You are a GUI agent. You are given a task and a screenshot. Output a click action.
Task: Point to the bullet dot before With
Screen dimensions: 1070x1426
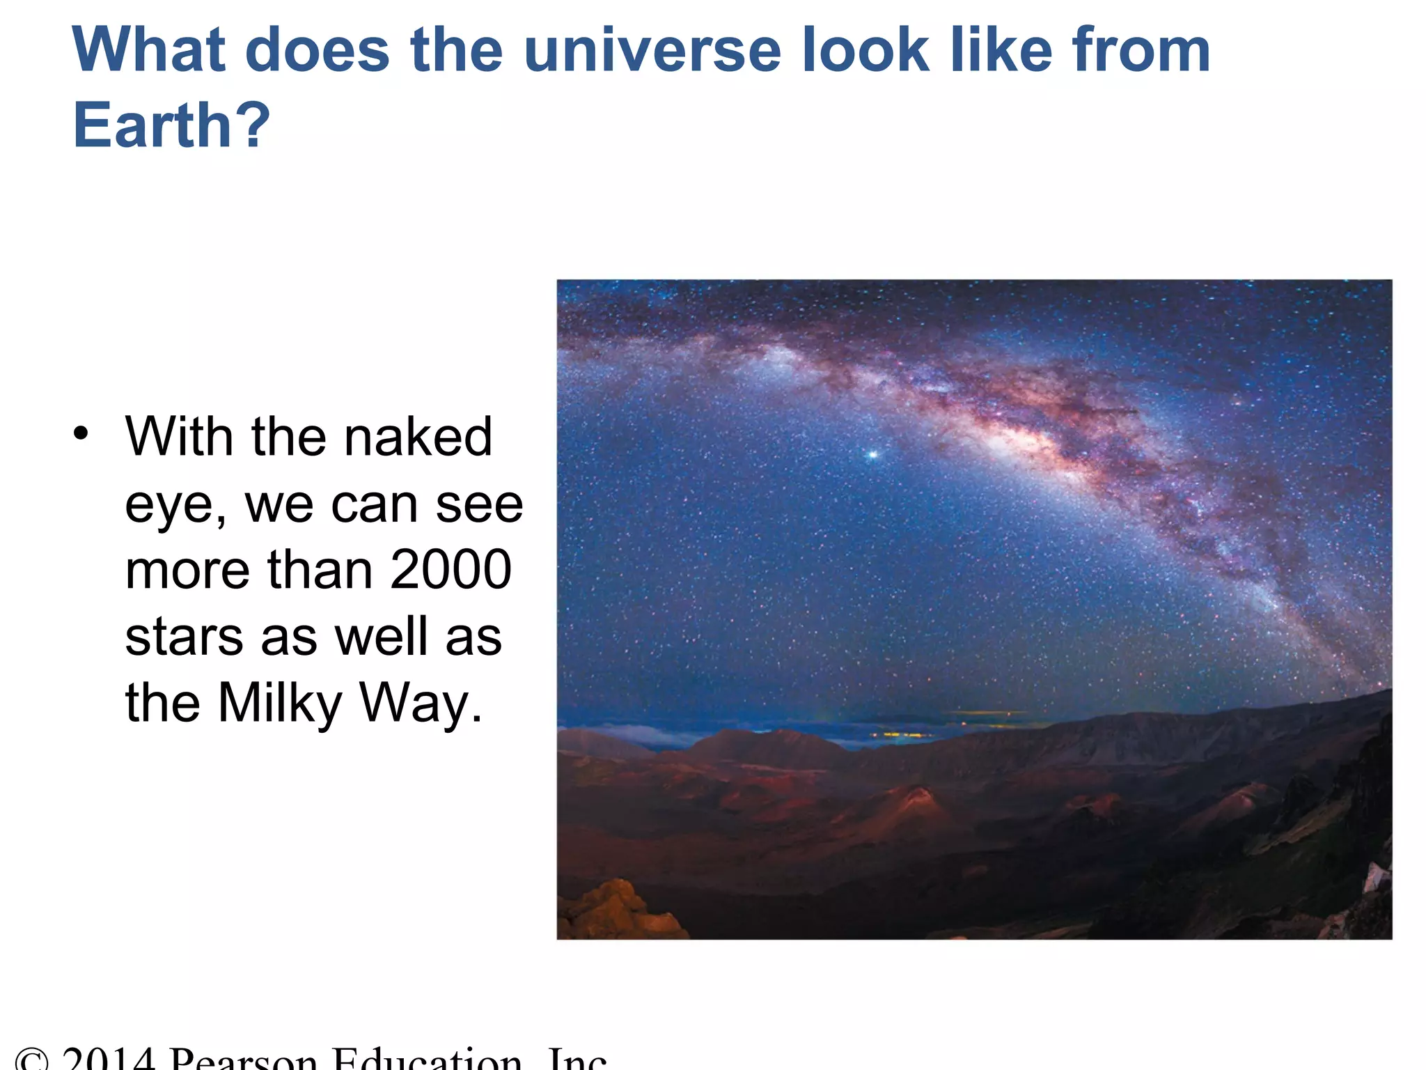pyautogui.click(x=81, y=433)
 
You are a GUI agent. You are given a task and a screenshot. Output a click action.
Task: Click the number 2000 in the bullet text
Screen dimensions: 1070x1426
pyautogui.click(x=450, y=570)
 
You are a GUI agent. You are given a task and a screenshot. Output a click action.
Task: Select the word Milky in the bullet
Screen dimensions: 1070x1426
pyautogui.click(x=280, y=704)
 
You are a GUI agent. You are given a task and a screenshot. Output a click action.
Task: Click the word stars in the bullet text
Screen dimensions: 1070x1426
pyautogui.click(x=185, y=637)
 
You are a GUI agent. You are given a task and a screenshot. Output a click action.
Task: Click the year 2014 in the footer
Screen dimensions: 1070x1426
pyautogui.click(x=108, y=1059)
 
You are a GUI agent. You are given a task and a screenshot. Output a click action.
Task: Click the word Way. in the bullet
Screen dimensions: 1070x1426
pyautogui.click(x=420, y=704)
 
